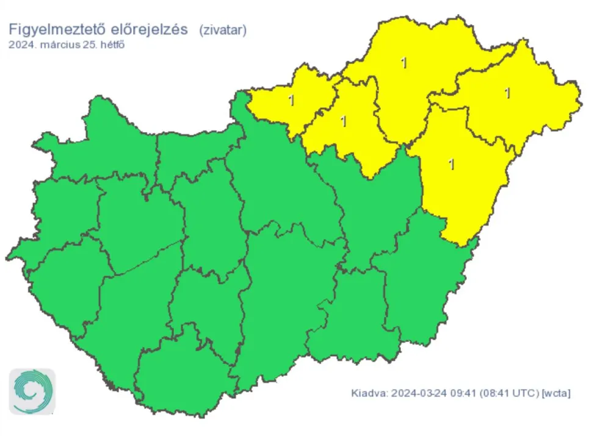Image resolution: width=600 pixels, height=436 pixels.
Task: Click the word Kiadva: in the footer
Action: [x=368, y=393]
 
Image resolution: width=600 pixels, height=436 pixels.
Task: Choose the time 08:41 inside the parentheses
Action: [x=492, y=393]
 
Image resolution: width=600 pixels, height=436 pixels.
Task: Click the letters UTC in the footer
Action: [x=522, y=393]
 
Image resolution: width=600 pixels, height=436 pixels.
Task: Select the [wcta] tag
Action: [x=556, y=393]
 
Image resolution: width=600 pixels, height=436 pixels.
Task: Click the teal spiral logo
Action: [x=32, y=391]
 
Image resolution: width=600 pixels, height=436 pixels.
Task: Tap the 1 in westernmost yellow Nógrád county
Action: [x=291, y=99]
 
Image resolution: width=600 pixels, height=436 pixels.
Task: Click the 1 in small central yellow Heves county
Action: [x=344, y=121]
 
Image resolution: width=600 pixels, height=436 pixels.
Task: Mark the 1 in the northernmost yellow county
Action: [x=403, y=63]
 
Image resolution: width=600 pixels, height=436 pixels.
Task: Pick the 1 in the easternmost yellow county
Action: [x=507, y=93]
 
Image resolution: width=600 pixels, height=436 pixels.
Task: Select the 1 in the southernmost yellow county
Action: [x=452, y=164]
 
